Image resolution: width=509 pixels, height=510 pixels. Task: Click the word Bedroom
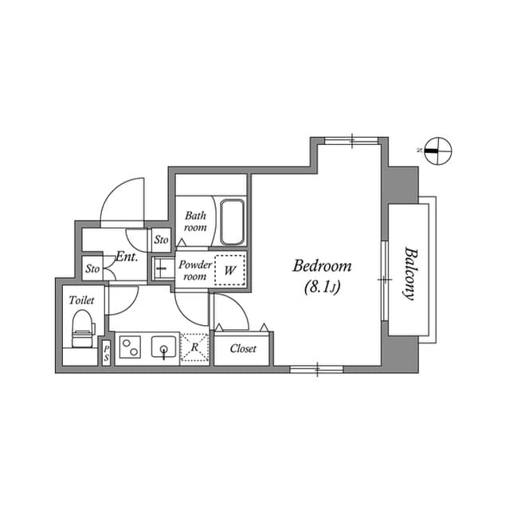pos(322,266)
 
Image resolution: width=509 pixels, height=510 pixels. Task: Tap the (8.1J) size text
pos(322,288)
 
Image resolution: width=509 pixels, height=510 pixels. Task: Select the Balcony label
pos(410,272)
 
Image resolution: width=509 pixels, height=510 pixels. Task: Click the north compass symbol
pos(437,149)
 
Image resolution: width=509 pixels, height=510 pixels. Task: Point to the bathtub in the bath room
pos(232,222)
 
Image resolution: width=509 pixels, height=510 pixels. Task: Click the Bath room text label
pos(195,222)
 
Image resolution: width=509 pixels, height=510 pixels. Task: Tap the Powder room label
pos(194,270)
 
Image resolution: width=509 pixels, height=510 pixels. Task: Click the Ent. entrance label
pos(127,257)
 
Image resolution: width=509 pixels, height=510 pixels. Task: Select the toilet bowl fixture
pos(83,326)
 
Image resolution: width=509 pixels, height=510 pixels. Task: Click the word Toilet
pos(81,300)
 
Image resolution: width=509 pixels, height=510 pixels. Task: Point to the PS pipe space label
pos(106,353)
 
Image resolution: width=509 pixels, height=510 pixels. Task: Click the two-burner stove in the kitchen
pos(130,348)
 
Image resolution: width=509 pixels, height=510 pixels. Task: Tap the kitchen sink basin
pos(164,348)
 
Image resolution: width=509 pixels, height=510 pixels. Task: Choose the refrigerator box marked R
pos(195,348)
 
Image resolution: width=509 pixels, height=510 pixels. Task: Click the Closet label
pos(242,349)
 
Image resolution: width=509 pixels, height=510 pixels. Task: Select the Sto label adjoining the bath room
pos(161,239)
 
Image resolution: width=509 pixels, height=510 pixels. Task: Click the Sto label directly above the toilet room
pos(93,269)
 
